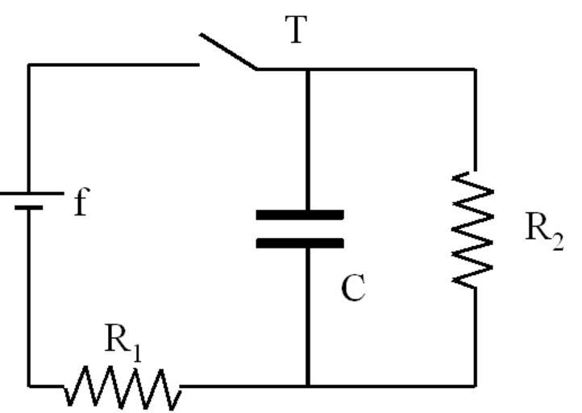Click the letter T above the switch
pos(297,31)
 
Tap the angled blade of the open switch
pos(228,52)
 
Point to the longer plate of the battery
pos(30,193)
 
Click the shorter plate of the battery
pos(30,207)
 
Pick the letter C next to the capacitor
pos(353,287)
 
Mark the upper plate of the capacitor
pos(300,215)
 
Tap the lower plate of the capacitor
pos(300,242)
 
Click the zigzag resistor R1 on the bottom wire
pos(122,387)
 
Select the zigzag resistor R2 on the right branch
pos(473,227)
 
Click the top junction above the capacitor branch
pos(307,69)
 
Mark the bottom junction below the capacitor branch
pos(307,386)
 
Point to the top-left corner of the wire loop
pos(30,65)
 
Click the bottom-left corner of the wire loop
pos(30,386)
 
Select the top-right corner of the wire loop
pos(474,69)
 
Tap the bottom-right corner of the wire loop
pos(474,386)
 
